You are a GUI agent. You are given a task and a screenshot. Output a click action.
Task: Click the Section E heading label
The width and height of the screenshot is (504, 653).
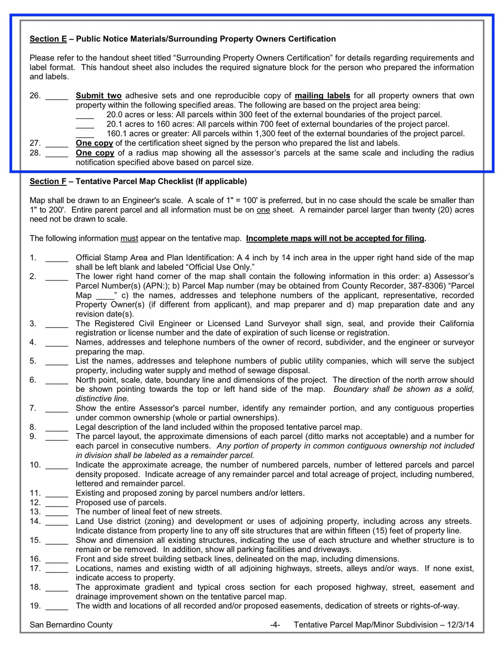pyautogui.click(x=48, y=39)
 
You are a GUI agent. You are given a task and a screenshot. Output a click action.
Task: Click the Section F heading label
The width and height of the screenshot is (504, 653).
pyautogui.click(x=48, y=182)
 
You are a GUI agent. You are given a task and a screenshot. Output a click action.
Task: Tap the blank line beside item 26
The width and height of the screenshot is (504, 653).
pyautogui.click(x=57, y=96)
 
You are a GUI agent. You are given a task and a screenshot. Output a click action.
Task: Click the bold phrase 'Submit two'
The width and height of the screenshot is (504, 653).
pyautogui.click(x=99, y=96)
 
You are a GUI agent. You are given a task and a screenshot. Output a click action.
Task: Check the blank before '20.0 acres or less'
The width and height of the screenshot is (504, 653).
pyautogui.click(x=85, y=115)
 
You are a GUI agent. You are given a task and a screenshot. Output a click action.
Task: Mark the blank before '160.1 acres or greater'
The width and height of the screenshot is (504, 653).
pyautogui.click(x=85, y=135)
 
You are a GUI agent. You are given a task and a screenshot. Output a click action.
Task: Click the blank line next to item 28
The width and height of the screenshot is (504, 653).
pyautogui.click(x=57, y=153)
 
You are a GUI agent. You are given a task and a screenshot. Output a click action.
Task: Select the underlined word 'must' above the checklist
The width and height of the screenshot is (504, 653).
pyautogui.click(x=129, y=239)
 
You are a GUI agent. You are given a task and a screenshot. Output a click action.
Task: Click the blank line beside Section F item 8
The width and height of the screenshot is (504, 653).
pyautogui.click(x=57, y=428)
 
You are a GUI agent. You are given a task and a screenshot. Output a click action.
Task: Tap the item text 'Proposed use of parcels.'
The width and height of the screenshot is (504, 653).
pyautogui.click(x=121, y=502)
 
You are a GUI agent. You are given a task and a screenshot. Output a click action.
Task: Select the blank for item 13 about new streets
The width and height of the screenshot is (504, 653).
pyautogui.click(x=57, y=513)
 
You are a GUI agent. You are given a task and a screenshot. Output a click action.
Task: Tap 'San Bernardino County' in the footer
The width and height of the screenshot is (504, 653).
pyautogui.click(x=71, y=625)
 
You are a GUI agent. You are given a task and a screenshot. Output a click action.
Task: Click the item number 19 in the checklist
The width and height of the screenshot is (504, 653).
pyautogui.click(x=35, y=606)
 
